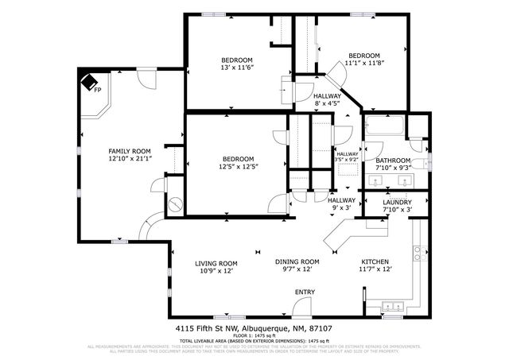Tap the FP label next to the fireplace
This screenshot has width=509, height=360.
pyautogui.click(x=97, y=90)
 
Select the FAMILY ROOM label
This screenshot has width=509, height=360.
pyautogui.click(x=130, y=150)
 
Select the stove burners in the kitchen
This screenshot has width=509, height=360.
pyautogui.click(x=416, y=254)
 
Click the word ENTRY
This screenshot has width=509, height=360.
pyautogui.click(x=305, y=292)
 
